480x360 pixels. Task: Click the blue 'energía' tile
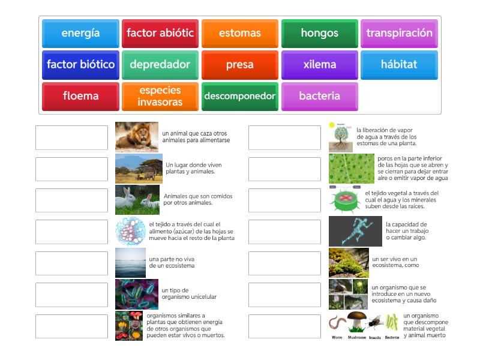click(x=80, y=34)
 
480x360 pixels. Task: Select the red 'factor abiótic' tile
click(x=160, y=34)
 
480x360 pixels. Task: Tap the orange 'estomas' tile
click(x=240, y=34)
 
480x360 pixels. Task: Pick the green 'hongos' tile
click(x=320, y=34)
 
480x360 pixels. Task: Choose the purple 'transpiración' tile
click(x=400, y=34)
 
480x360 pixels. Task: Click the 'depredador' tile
click(x=160, y=65)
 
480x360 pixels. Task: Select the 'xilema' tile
click(x=320, y=65)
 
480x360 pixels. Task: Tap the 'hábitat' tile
click(x=400, y=65)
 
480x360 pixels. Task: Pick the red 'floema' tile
click(x=80, y=96)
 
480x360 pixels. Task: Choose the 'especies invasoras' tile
click(x=160, y=96)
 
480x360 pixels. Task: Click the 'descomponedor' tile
click(x=240, y=96)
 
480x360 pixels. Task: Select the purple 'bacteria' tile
click(x=320, y=96)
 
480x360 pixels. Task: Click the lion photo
click(x=137, y=137)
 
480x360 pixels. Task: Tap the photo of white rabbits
click(x=137, y=200)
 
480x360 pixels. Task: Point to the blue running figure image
click(x=355, y=231)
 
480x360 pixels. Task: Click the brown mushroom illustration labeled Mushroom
click(x=357, y=322)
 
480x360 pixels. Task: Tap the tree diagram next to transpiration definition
click(x=340, y=137)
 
